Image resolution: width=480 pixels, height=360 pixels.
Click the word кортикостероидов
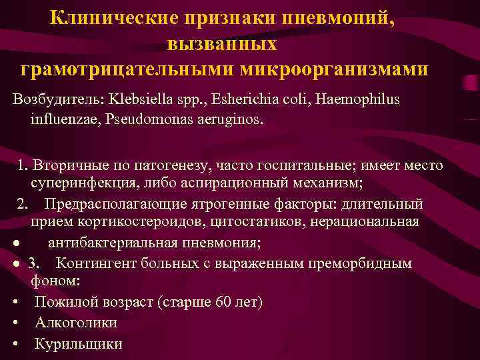(134, 221)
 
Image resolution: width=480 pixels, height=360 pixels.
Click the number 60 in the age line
(224, 302)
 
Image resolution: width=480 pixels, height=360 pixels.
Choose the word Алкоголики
(76, 323)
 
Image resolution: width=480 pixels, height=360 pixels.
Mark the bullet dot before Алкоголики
(14, 323)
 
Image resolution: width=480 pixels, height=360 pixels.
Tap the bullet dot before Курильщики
(14, 345)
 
